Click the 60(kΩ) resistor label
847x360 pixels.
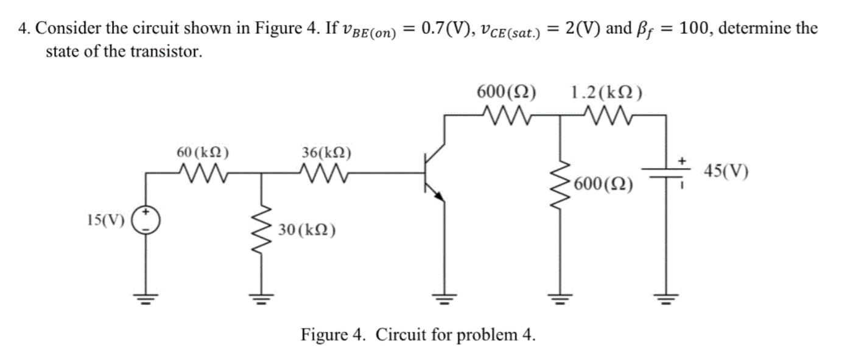(203, 152)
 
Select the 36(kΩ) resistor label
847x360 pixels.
(326, 152)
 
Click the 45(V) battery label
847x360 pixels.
(726, 171)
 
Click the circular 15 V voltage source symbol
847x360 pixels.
(146, 221)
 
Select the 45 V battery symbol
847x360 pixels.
(667, 174)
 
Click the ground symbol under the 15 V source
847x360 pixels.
(146, 298)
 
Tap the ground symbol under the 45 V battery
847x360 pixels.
(667, 298)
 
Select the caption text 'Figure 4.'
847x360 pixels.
(334, 334)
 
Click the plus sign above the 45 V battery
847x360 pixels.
(683, 160)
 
